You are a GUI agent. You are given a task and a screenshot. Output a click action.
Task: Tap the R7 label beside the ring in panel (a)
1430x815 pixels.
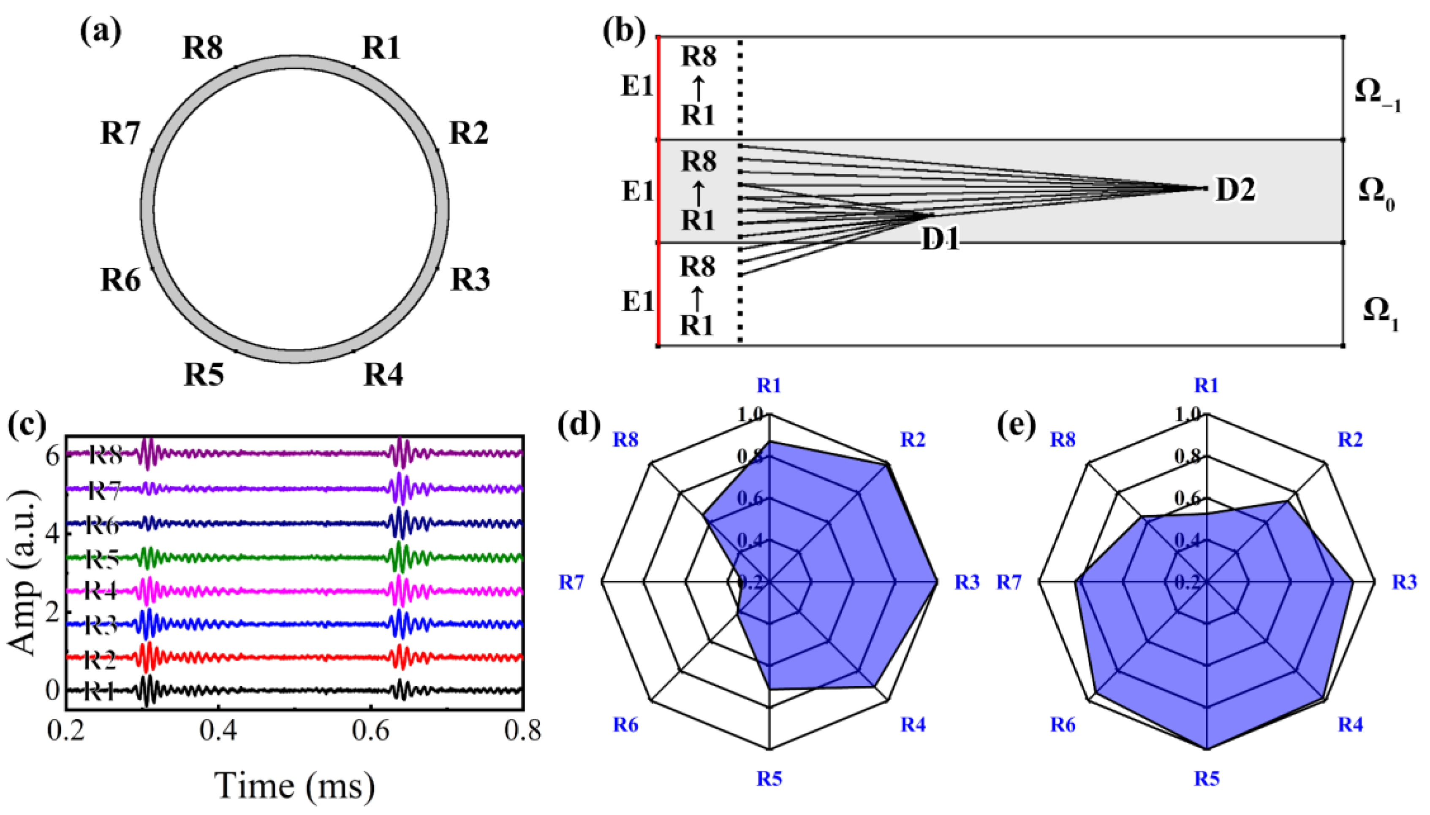[120, 134]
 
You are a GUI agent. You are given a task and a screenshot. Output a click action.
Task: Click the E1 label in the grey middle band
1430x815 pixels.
[637, 192]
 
